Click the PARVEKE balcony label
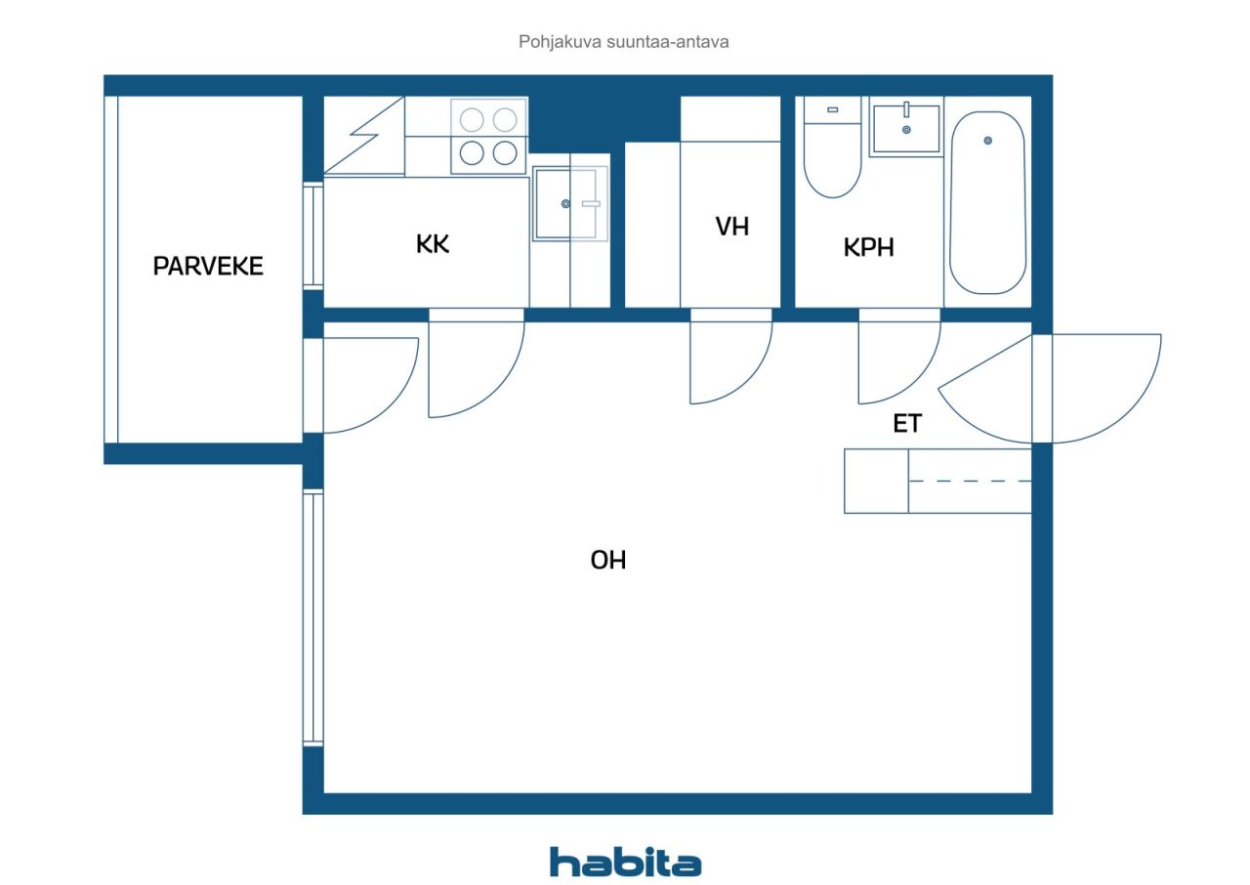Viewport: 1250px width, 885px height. pyautogui.click(x=208, y=266)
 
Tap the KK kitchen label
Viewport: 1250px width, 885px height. pyautogui.click(x=433, y=244)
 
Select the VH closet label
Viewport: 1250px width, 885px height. pyautogui.click(x=732, y=227)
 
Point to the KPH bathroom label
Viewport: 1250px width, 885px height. pyautogui.click(x=868, y=247)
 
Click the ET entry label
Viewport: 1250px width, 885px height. pyautogui.click(x=907, y=424)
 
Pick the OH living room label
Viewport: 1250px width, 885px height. pyautogui.click(x=608, y=561)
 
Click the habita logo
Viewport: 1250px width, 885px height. pyautogui.click(x=625, y=863)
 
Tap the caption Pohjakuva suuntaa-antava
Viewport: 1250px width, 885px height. pyautogui.click(x=623, y=42)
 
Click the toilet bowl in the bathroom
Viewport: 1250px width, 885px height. pyautogui.click(x=833, y=160)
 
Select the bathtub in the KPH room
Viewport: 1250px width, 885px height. pyautogui.click(x=987, y=202)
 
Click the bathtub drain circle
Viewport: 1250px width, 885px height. pyautogui.click(x=987, y=141)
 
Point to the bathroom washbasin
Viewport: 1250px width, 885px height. pyautogui.click(x=906, y=128)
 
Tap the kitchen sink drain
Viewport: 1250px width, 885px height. pyautogui.click(x=565, y=204)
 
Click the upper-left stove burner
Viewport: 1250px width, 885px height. pyautogui.click(x=472, y=119)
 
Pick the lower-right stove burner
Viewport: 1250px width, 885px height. pyautogui.click(x=505, y=153)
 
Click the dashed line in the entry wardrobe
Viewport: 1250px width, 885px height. pyautogui.click(x=970, y=481)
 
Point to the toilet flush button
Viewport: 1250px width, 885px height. pyautogui.click(x=833, y=110)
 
